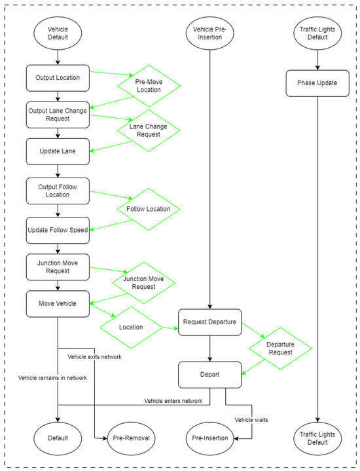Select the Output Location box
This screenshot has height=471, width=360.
(58, 78)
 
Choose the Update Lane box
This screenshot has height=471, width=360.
(58, 151)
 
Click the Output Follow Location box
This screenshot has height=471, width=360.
(58, 191)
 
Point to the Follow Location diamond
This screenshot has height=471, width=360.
(149, 210)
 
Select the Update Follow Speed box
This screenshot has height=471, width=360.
(58, 230)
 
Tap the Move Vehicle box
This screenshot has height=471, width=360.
(58, 304)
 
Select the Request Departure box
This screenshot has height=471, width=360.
(209, 322)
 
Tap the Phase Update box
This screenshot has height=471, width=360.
(317, 84)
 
